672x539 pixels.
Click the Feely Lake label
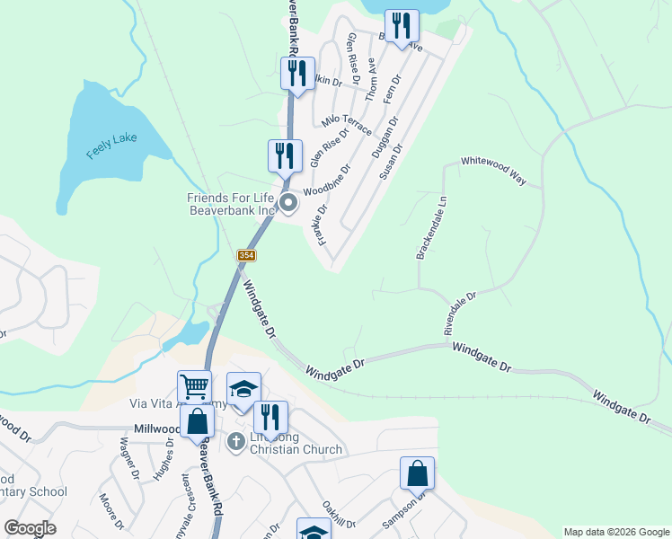[112, 146]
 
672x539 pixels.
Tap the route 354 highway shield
[246, 256]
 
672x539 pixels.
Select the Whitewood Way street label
[493, 169]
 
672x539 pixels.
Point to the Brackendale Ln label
[430, 228]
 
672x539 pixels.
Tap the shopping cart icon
[194, 387]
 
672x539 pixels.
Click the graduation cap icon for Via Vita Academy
[243, 388]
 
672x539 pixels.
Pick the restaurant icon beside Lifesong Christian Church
[270, 417]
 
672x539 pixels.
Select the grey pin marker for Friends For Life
[288, 204]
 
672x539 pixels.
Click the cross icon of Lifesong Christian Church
[236, 440]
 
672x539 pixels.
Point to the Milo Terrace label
[347, 125]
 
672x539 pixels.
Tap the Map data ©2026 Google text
[616, 532]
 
